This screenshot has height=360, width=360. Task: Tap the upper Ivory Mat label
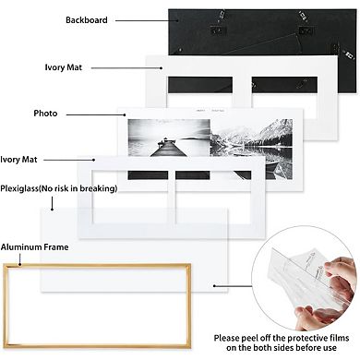point(68,67)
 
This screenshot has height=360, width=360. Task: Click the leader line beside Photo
point(92,114)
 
